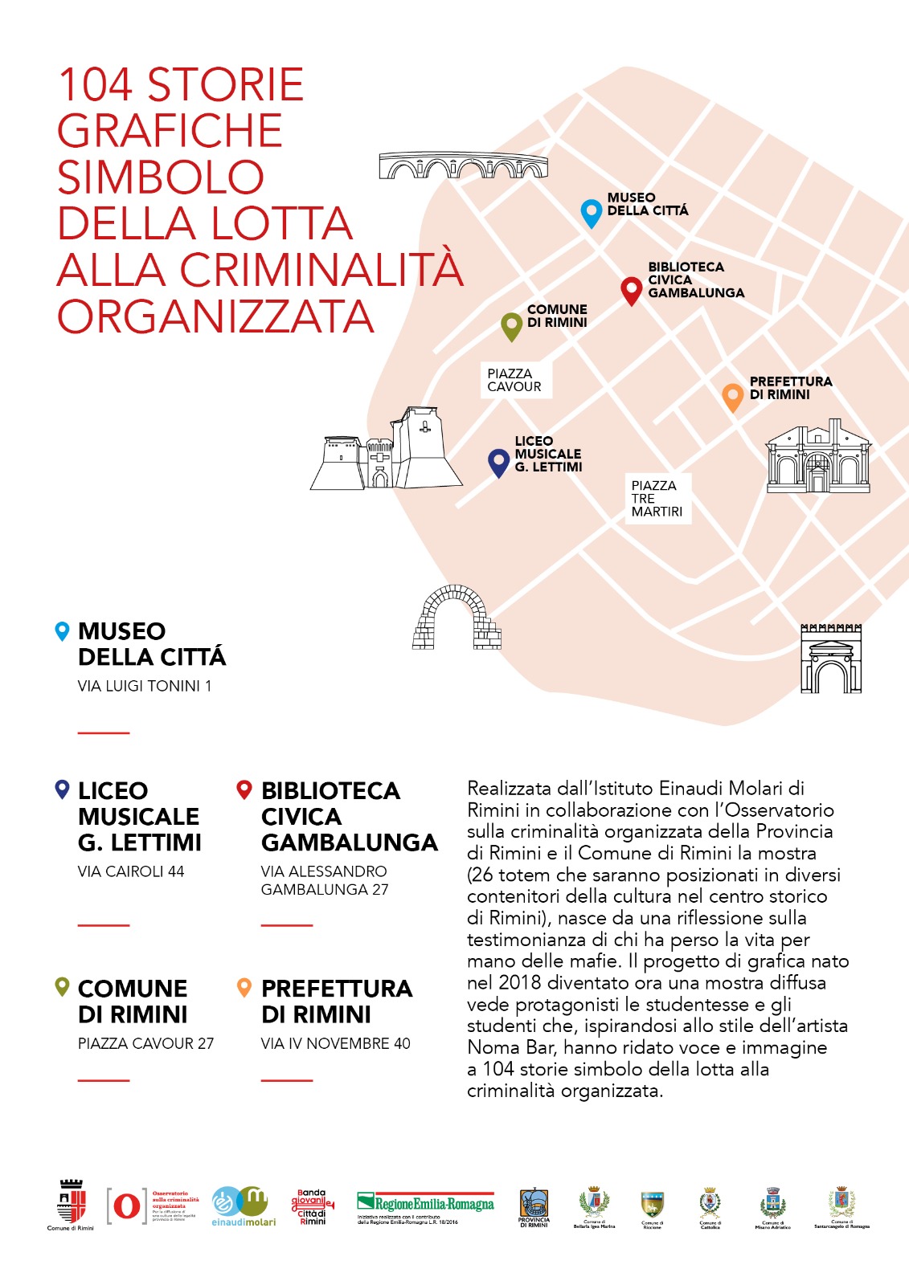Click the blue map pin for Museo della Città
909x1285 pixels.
(x=592, y=213)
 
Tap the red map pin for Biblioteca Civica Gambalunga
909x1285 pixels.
(x=632, y=290)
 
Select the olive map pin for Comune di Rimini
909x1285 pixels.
(x=511, y=326)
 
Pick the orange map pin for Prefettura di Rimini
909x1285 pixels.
(x=732, y=397)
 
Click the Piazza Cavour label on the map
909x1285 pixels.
(x=514, y=380)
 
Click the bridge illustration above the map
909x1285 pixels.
(x=463, y=165)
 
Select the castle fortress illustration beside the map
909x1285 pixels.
(x=387, y=451)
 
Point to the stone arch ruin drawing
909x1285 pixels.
(x=456, y=618)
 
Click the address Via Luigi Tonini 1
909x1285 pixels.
(x=145, y=686)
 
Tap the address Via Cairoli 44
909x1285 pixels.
(x=131, y=871)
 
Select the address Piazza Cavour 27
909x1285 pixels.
(x=145, y=1043)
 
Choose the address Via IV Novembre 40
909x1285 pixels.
(x=335, y=1043)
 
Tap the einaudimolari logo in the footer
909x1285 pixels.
(x=243, y=1206)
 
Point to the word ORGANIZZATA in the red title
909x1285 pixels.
(x=215, y=316)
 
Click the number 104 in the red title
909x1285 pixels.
(x=95, y=85)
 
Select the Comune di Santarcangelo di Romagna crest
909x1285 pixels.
(x=841, y=1206)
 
